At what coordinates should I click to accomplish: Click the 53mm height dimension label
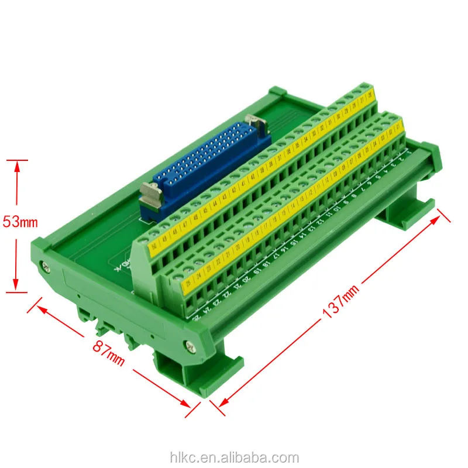click(20, 222)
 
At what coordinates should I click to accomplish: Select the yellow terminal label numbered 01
click(400, 125)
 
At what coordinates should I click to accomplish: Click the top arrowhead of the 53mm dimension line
click(18, 164)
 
